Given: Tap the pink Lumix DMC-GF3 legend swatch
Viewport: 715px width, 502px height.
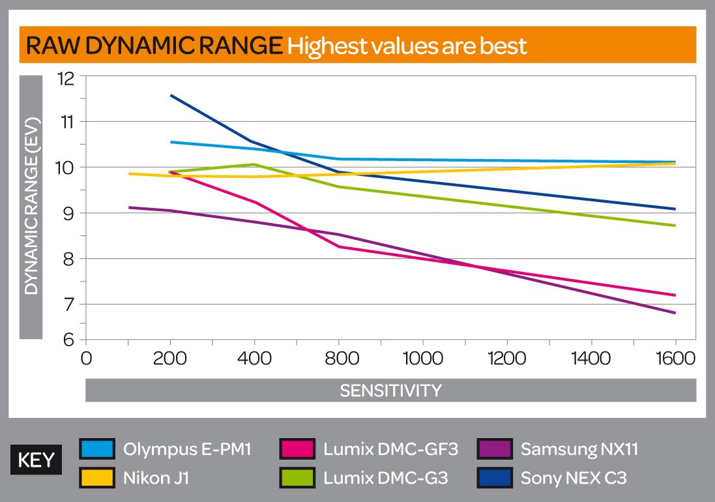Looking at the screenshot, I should coord(297,449).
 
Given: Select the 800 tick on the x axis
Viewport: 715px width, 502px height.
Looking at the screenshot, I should coord(338,359).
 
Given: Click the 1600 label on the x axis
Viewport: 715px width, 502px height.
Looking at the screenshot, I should coord(675,359).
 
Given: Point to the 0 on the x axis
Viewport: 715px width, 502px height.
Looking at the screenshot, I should coord(85,359).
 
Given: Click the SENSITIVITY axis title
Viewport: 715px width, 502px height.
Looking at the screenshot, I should coord(390,391).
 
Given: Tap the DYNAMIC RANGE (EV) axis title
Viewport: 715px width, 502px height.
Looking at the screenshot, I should coord(31,207).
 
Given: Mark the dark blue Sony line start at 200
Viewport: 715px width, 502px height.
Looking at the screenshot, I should coord(171,95).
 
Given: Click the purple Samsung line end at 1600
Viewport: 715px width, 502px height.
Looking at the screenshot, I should coord(675,313).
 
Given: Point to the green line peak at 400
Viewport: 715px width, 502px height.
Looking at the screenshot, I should coord(254,164).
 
